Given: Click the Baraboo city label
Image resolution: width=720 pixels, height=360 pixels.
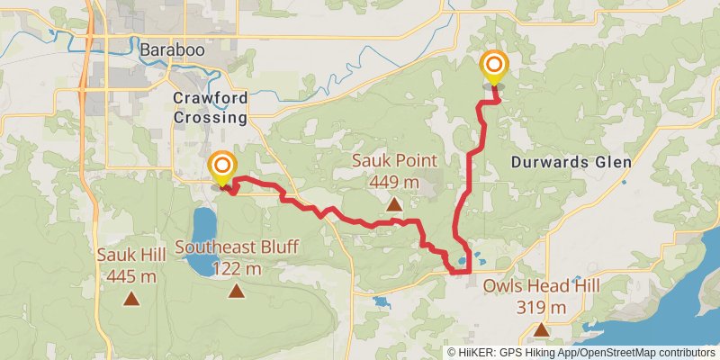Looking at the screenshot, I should [x=172, y=50].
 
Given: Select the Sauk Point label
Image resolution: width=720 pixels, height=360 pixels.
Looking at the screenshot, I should [x=394, y=162].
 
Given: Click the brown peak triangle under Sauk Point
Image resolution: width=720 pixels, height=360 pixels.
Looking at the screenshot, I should [x=394, y=204].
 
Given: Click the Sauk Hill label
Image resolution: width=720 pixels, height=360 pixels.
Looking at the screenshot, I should [x=131, y=256].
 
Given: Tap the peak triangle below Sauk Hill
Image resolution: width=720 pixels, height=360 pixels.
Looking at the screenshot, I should [x=131, y=299].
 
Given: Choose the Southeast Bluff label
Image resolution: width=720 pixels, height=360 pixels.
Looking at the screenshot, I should [x=238, y=247].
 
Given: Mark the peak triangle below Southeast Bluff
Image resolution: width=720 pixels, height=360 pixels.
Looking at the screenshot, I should [x=237, y=290].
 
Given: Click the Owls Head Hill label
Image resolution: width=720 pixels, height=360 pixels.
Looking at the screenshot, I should [x=542, y=286].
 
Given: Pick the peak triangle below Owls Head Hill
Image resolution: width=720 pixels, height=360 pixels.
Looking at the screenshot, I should [x=541, y=329].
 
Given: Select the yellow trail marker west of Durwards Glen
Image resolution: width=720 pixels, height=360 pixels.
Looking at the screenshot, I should [x=494, y=66].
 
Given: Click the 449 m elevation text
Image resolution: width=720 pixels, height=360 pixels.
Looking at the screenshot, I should [x=394, y=182].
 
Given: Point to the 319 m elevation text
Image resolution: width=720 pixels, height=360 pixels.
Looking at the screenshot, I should [x=542, y=308].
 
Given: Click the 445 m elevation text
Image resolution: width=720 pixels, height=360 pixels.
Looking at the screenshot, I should [x=131, y=276].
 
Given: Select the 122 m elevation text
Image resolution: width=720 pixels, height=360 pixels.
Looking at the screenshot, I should [x=238, y=268].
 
